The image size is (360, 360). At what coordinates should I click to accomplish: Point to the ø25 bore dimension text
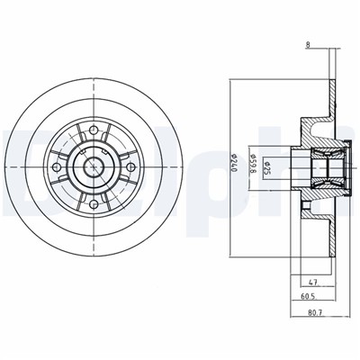click(268, 167)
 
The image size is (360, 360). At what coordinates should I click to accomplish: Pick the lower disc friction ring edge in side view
click(332, 236)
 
